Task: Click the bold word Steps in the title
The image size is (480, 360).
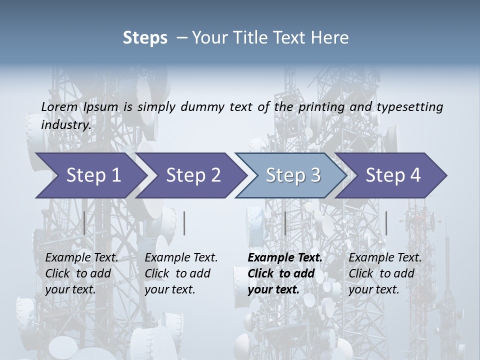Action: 145,37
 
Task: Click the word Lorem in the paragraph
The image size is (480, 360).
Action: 59,106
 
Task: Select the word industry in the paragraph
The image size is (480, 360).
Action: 65,124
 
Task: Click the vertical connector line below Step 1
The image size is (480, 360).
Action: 84,223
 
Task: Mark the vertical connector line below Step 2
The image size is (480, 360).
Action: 184,223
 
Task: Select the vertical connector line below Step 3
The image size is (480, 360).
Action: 285,223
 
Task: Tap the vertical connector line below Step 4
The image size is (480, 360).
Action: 386,223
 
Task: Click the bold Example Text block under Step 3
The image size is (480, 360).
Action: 284,273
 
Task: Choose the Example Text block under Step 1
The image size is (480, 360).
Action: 81,273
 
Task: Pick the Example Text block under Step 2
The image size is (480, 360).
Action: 180,273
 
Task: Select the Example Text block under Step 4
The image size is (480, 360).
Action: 384,273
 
